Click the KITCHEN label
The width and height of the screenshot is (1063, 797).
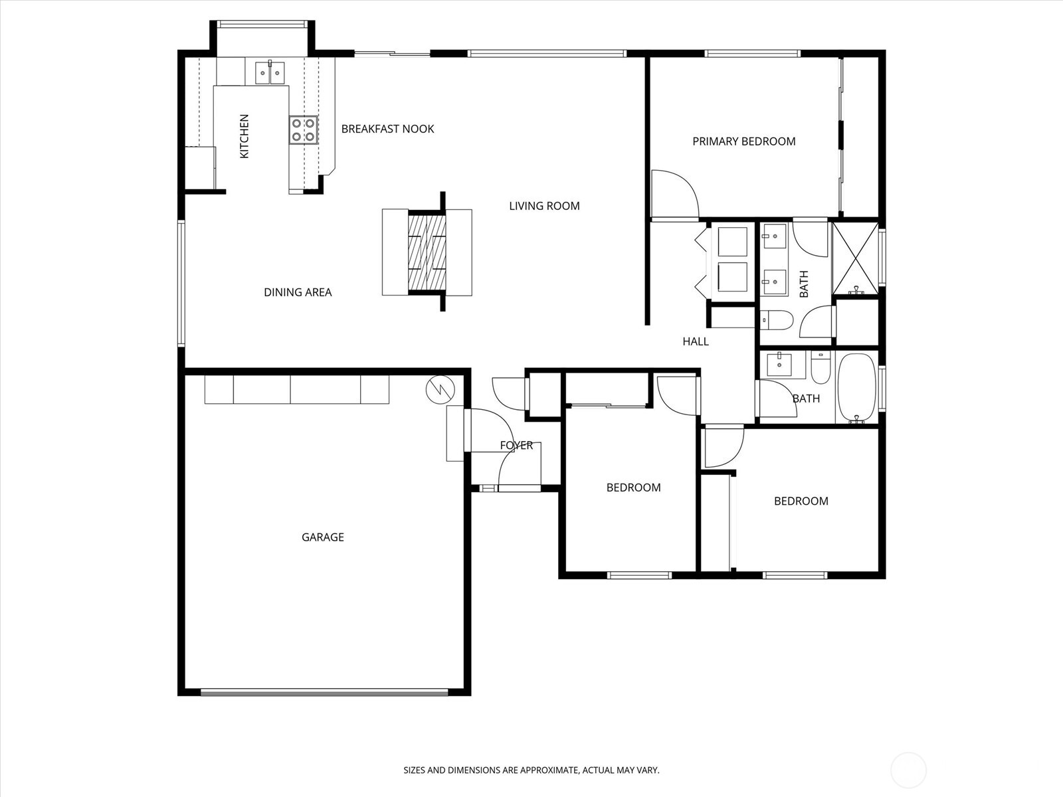[244, 136]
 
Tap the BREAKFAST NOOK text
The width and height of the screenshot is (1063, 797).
[387, 129]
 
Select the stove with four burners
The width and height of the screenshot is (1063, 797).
[303, 130]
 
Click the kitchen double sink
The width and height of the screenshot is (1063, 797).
[270, 72]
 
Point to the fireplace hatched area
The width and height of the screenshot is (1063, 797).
[426, 252]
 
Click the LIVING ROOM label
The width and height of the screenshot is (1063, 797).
[544, 206]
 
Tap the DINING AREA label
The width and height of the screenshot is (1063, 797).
[298, 292]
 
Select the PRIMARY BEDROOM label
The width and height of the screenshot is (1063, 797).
[743, 141]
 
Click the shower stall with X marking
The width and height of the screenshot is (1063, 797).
[855, 258]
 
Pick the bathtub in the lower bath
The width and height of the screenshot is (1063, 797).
[856, 389]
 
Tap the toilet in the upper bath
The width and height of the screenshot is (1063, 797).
[776, 320]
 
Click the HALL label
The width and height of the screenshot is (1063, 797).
[696, 341]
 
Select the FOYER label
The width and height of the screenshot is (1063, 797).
[516, 445]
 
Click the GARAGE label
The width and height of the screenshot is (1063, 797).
[323, 537]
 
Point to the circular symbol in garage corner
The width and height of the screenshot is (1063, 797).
[438, 391]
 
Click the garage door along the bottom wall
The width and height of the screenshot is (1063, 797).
[324, 692]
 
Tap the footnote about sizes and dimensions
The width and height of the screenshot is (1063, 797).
[531, 770]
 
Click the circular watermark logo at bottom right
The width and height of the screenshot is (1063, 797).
[908, 770]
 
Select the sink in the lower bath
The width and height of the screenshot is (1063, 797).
[777, 365]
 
